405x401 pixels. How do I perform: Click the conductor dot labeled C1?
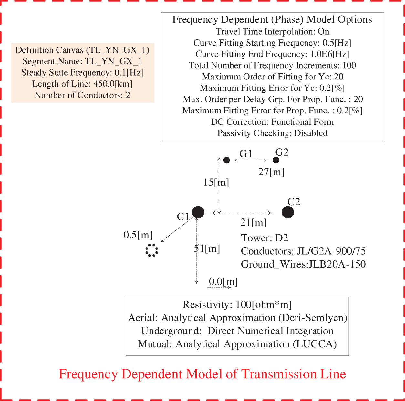pos(198,212)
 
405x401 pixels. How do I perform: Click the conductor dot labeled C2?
pos(287,212)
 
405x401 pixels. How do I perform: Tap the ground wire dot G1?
pos(227,160)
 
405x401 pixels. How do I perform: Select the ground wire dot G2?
pos(276,160)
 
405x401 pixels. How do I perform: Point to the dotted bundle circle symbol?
pos(152,250)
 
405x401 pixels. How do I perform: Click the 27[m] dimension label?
pos(271,172)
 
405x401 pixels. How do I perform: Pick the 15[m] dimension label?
pos(216,183)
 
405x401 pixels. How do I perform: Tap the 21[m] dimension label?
pos(254,222)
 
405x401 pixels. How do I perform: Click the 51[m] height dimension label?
pos(207,248)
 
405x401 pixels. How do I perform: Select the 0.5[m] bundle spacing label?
pos(138,235)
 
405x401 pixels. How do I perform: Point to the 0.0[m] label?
pos(223,281)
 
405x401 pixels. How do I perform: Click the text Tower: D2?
pos(265,238)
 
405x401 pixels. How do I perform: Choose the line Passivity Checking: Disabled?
pos(272,133)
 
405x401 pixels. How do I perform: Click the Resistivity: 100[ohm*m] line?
pos(237,304)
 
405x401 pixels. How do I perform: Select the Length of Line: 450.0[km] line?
pos(82,84)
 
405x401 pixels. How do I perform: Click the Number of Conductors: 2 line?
pos(82,95)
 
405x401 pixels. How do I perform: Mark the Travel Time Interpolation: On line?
pos(272,32)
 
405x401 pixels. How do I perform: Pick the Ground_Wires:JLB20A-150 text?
pos(303,264)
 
